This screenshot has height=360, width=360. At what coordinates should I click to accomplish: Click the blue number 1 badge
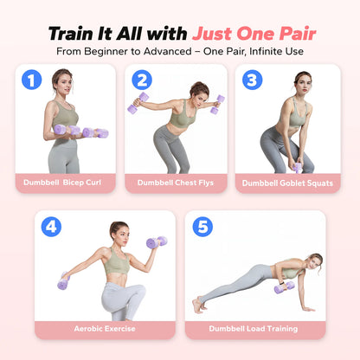[x=32, y=80]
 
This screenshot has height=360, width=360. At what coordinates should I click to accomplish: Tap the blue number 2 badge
[x=142, y=80]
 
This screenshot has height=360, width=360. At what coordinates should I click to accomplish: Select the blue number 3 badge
[x=253, y=80]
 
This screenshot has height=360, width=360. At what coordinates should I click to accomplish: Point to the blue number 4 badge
[x=51, y=227]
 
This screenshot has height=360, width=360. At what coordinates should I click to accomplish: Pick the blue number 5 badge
[x=202, y=227]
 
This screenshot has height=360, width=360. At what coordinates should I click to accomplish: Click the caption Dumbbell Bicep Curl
[x=62, y=183]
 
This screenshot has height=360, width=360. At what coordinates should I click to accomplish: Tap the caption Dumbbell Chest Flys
[x=176, y=183]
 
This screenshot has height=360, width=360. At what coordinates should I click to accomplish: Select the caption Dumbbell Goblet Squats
[x=287, y=183]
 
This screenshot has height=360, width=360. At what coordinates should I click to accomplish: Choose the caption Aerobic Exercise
[x=105, y=329]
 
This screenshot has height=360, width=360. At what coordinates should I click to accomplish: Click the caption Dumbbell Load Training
[x=254, y=329]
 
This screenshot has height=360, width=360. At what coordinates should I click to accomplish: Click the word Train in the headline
[x=72, y=34]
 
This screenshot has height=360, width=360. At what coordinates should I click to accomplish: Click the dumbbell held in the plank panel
[x=285, y=287]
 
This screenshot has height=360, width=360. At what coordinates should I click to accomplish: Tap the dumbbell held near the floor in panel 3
[x=298, y=168]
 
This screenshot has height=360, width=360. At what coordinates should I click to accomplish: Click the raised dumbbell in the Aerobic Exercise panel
[x=157, y=242]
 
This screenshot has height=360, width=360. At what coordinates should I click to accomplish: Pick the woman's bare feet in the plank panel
[x=200, y=305]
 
